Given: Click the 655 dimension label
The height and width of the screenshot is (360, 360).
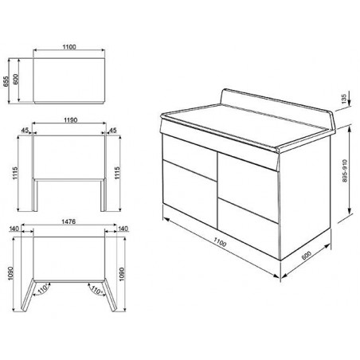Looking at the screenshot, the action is (x=6, y=81).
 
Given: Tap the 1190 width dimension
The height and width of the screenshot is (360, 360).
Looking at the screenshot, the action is (x=71, y=120).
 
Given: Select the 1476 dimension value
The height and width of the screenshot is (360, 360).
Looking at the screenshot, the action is (x=68, y=221).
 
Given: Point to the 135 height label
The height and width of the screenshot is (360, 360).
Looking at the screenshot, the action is (x=344, y=99).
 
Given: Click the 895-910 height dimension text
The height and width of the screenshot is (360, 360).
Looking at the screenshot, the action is (x=345, y=170).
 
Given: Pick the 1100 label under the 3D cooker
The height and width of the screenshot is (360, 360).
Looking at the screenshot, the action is (x=220, y=242).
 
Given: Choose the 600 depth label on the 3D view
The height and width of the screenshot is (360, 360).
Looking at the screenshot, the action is (x=307, y=256).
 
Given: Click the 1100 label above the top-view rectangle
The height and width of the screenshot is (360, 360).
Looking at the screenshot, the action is (x=69, y=47).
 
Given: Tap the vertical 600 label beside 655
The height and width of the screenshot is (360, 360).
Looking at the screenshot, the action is (x=15, y=79).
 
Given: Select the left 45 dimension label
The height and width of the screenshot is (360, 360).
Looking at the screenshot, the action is (x=25, y=130).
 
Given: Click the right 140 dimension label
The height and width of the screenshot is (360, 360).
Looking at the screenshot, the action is (x=123, y=229).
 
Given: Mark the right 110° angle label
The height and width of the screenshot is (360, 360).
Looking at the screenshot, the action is (x=96, y=290).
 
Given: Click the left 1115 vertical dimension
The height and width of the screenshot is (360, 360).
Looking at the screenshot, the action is (x=15, y=173).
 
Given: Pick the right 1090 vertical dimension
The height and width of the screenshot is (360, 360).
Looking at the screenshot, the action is (x=122, y=274).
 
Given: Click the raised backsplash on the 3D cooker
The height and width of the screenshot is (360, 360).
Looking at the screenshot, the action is (x=277, y=106).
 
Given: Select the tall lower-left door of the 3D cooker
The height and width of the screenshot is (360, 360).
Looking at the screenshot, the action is (x=190, y=193).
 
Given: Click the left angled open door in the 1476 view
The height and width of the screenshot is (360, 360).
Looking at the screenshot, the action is (x=27, y=295).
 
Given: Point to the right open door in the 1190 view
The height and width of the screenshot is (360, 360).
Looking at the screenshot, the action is (x=104, y=195).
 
